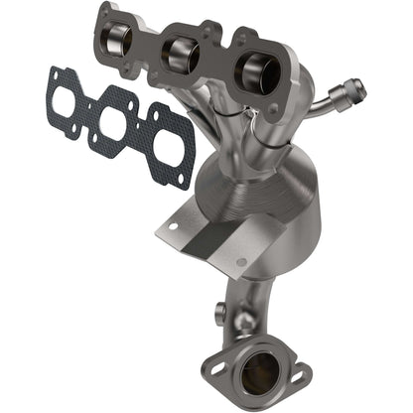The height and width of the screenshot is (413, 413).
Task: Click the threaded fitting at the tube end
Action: (352, 91)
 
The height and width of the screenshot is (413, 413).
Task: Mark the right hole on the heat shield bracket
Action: (240, 262)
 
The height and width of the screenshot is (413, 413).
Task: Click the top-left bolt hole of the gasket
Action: (52, 74)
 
